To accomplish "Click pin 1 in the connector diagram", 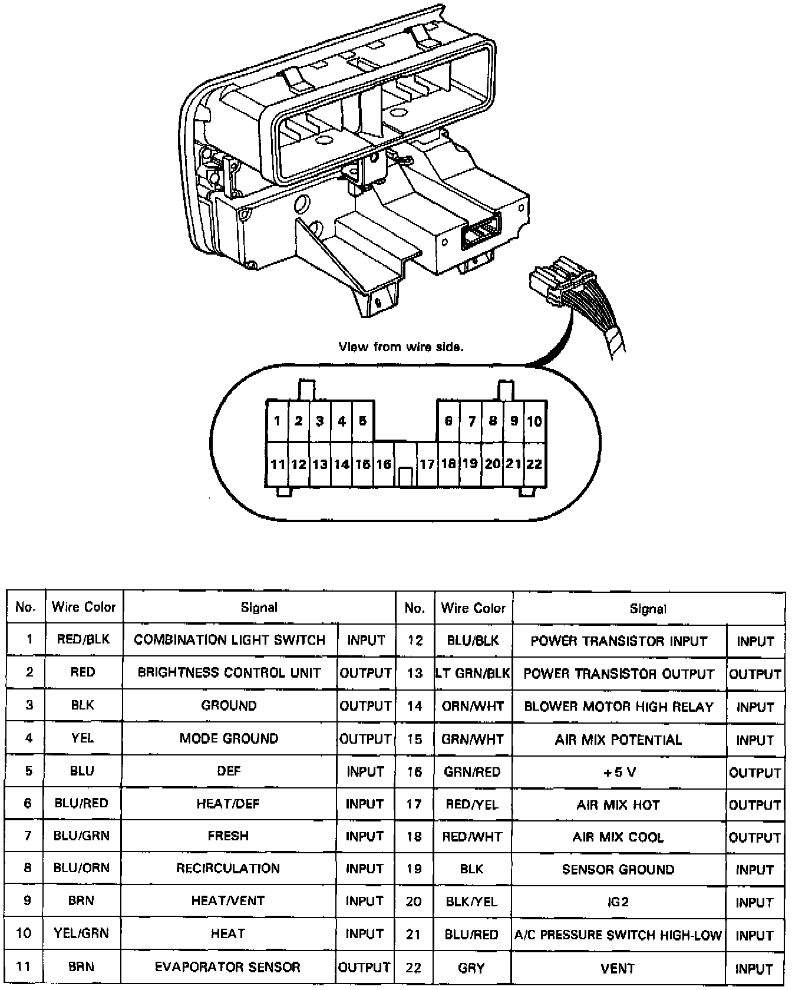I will coord(277,421).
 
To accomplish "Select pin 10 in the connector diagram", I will coord(534,421).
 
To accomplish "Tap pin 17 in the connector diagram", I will coord(427,464).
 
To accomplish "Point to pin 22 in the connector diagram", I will coord(534,464).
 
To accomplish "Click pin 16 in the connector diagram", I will coord(384,464).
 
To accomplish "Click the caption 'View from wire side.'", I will coord(401,347).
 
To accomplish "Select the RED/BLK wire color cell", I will coord(83,639).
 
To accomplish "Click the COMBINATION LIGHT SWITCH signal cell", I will coord(229,640).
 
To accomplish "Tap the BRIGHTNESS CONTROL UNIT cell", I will coord(229,672).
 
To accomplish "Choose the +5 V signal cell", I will coord(619,772).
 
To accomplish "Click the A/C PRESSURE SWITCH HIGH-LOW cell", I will coord(618,935).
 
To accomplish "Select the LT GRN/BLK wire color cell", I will coord(473,673).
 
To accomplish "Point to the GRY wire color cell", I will coord(471,968).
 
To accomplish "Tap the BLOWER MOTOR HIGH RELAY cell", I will coord(619,707).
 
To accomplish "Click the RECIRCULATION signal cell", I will coord(228,868).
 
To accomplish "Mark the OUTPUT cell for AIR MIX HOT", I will coord(755,805).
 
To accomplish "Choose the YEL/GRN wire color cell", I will coord(82,933).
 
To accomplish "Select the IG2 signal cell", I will coord(618,902).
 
